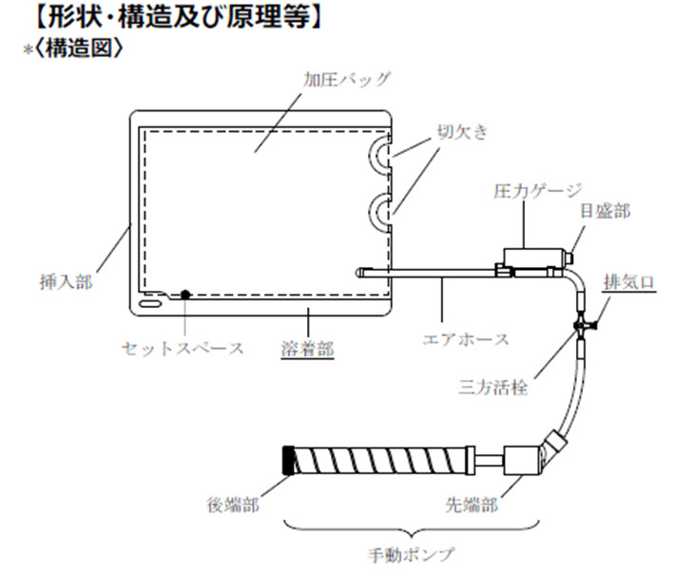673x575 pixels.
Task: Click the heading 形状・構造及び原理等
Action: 167,16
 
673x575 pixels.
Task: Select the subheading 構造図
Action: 80,47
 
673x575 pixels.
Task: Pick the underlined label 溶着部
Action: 308,349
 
